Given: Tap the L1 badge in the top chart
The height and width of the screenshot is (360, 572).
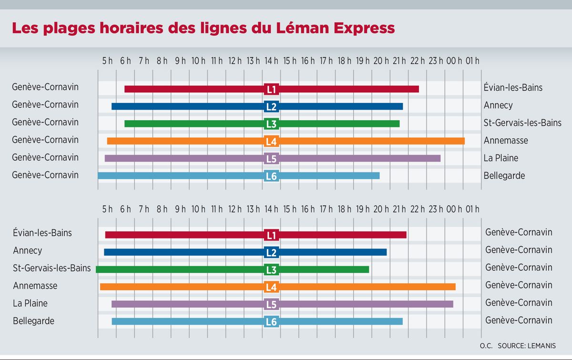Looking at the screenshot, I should point(271,89).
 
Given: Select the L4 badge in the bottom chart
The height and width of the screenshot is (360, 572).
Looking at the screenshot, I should point(271,287).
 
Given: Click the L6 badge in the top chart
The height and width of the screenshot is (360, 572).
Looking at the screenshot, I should point(271,176).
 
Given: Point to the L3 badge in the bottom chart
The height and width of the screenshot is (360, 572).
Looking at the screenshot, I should point(271,270).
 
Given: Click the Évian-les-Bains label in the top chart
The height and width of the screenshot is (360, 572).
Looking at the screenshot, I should point(513,88).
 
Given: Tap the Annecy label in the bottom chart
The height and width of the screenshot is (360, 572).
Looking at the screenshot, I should point(28,250).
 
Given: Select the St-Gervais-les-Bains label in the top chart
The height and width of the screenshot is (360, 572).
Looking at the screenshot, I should point(522,123).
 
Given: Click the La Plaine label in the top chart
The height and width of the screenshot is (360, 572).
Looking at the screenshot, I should point(501,158).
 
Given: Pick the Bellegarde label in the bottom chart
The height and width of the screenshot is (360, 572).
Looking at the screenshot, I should point(34,320).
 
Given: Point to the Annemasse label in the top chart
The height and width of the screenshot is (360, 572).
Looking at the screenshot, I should point(506,140).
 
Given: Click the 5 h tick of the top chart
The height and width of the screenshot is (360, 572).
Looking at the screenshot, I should point(107,61).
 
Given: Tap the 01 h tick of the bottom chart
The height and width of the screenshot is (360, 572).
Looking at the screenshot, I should point(472,209).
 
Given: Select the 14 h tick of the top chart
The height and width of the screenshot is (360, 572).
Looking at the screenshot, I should point(271,61).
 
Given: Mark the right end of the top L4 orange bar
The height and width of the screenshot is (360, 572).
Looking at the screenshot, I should point(463,141).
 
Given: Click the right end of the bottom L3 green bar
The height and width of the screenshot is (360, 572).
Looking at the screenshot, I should point(368,269).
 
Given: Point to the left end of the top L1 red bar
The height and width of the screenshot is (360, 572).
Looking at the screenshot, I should point(126,89).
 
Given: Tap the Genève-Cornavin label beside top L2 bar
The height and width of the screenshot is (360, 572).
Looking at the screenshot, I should point(45,104).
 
